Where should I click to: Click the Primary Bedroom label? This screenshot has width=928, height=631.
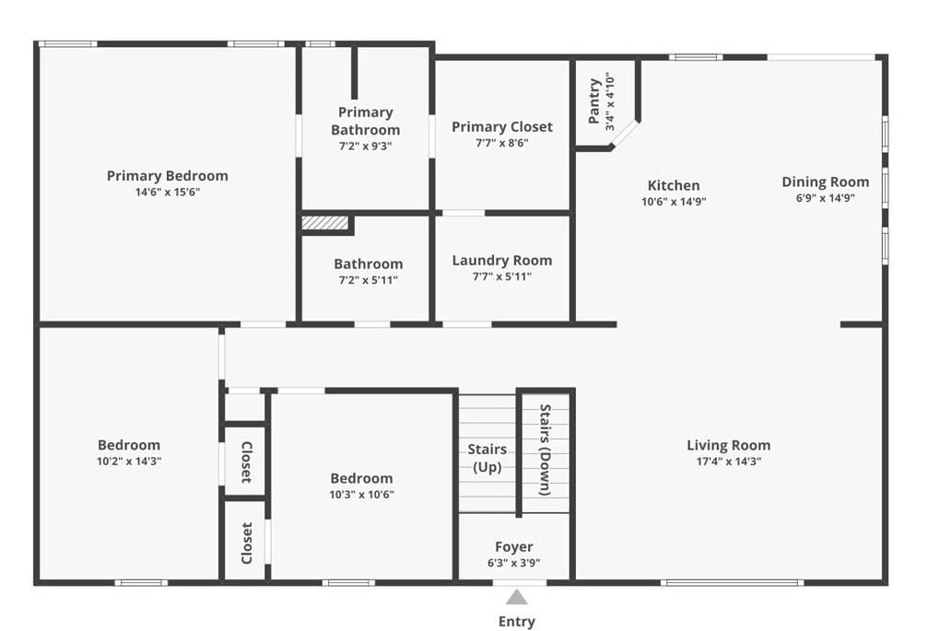click(168, 176)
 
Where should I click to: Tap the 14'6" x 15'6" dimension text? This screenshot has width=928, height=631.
click(168, 192)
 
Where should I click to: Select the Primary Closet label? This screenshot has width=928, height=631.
click(502, 126)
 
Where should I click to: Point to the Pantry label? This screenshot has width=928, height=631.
click(594, 101)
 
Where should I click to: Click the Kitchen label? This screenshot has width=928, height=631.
click(674, 185)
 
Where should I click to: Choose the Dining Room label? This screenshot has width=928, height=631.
click(826, 181)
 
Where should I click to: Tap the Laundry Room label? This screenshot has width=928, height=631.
click(502, 260)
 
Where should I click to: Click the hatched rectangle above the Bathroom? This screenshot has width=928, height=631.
click(324, 223)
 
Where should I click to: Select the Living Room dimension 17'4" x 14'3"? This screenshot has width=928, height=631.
click(729, 462)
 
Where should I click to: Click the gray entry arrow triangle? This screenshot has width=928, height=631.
click(517, 597)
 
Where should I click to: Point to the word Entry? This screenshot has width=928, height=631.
click(517, 621)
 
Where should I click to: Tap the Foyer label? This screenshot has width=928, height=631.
click(513, 546)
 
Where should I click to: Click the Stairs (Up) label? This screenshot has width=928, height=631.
click(487, 458)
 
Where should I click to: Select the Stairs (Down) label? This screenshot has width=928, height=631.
click(545, 450)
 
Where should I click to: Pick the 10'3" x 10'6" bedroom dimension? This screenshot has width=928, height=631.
click(361, 495)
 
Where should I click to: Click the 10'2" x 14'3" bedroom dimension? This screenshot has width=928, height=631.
click(129, 462)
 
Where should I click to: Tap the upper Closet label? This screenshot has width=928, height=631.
click(247, 462)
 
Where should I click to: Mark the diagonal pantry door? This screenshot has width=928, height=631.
click(625, 134)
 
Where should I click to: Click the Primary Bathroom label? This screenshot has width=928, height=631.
click(365, 121)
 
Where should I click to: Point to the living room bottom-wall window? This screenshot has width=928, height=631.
click(732, 582)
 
